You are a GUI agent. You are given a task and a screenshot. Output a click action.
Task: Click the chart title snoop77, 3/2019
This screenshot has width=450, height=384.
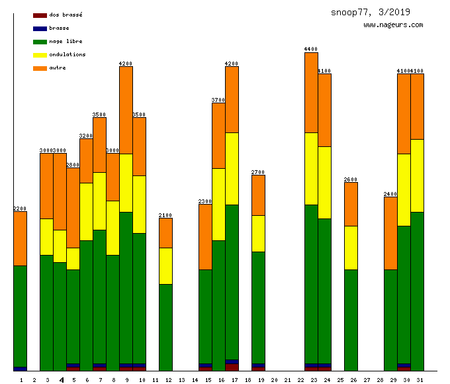(x=371, y=12)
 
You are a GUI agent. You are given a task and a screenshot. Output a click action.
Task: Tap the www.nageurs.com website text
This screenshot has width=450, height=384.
(x=393, y=25)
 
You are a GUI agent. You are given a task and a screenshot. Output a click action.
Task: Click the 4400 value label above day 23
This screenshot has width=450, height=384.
(x=311, y=49)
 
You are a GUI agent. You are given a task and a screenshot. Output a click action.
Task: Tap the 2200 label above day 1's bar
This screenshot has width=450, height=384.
(x=20, y=209)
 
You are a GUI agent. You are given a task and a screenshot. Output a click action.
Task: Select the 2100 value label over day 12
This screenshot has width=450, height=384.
(x=165, y=215)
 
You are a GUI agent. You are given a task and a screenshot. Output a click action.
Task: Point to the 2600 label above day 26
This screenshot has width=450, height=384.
(x=351, y=179)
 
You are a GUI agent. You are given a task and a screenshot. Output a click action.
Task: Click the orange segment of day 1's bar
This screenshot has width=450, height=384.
(x=20, y=238)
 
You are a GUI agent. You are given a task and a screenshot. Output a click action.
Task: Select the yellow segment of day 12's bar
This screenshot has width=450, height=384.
(x=165, y=265)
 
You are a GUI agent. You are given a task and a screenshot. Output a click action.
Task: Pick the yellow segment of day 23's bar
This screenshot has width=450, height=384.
(x=311, y=168)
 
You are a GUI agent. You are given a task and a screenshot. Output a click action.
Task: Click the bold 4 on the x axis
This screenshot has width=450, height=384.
(x=62, y=380)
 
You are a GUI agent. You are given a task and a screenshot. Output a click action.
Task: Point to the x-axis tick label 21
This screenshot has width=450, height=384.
(x=287, y=380)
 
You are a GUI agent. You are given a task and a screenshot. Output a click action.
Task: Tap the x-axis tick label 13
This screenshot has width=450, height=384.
(x=181, y=380)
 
